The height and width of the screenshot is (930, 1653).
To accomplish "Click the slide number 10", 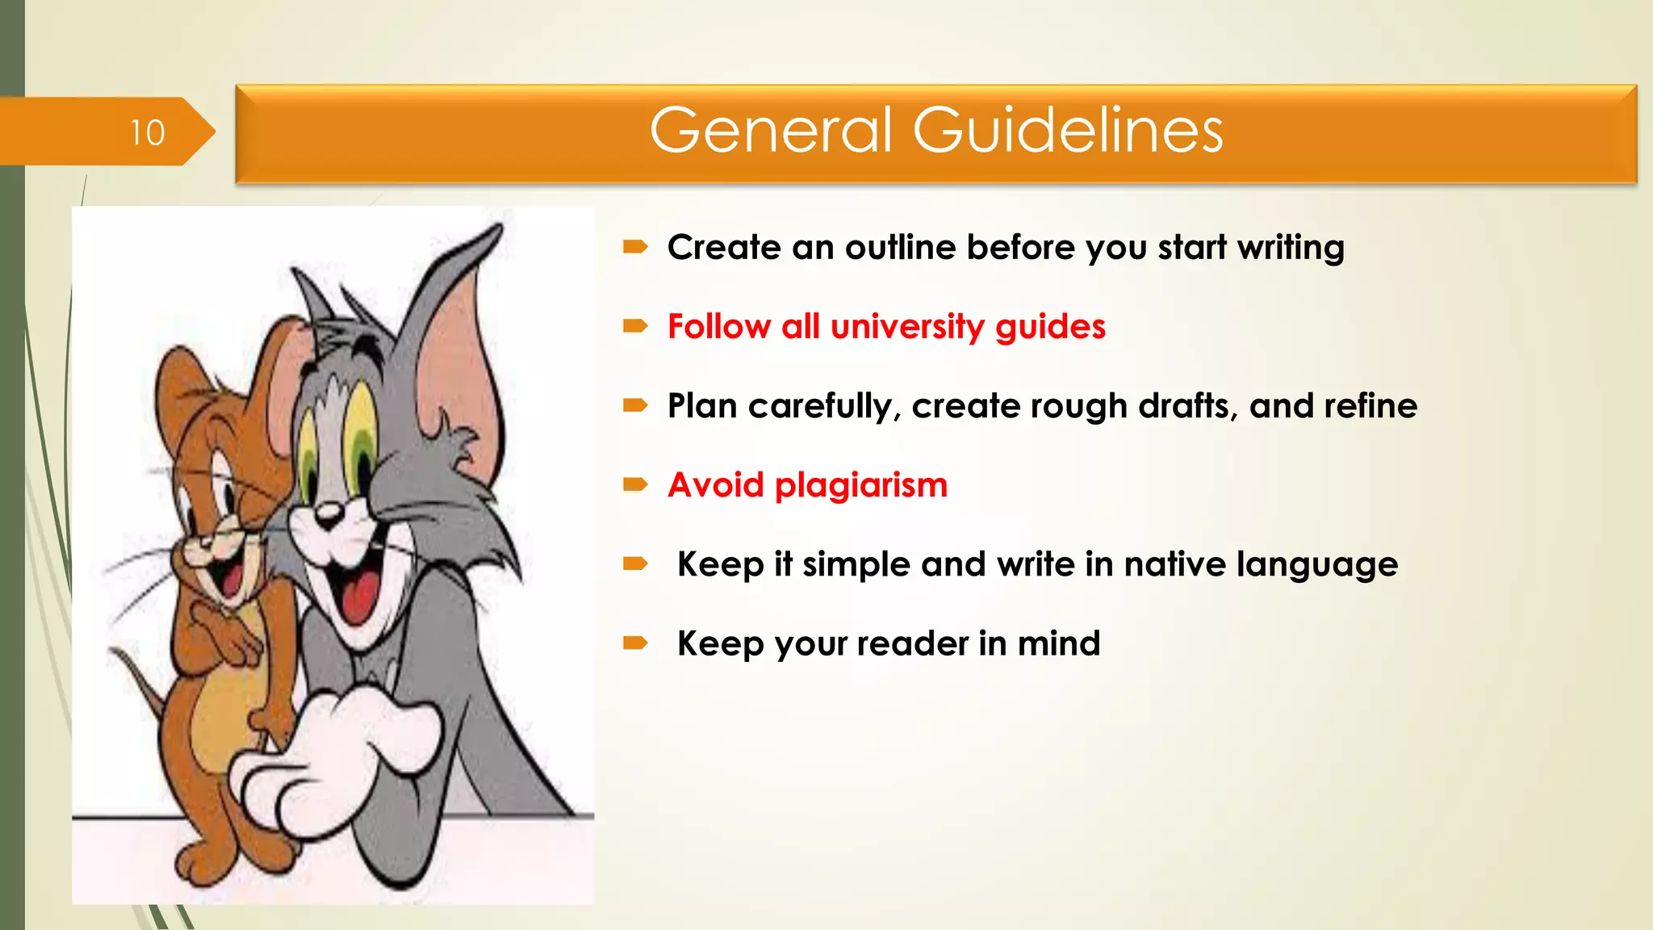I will click(148, 132).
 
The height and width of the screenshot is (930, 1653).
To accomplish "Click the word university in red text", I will click(907, 327).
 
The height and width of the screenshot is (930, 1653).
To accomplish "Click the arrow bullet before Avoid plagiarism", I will click(635, 484).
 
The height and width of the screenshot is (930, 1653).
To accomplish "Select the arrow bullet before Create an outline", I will click(635, 247).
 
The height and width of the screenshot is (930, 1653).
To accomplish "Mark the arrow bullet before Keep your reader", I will click(635, 643).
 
